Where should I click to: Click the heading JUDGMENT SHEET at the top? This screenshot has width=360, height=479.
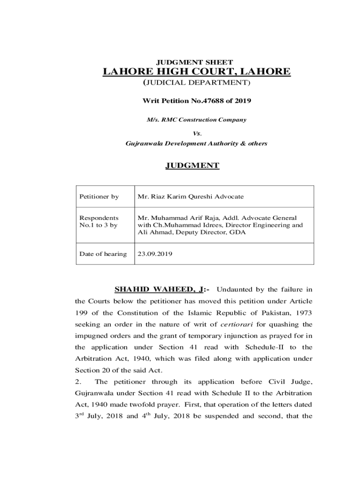pyautogui.click(x=196, y=62)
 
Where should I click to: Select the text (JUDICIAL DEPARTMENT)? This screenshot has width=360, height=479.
pyautogui.click(x=196, y=83)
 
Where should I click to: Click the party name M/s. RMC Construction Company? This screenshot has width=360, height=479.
pyautogui.click(x=196, y=120)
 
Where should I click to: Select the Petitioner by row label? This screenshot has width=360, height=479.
pyautogui.click(x=99, y=196)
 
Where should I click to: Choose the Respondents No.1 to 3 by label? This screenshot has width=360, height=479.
pyautogui.click(x=99, y=222)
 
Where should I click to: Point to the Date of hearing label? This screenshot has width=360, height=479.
pyautogui.click(x=103, y=254)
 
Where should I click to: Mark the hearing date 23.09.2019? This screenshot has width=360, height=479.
pyautogui.click(x=155, y=254)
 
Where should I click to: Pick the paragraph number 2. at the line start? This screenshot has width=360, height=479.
pyautogui.click(x=79, y=381)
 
